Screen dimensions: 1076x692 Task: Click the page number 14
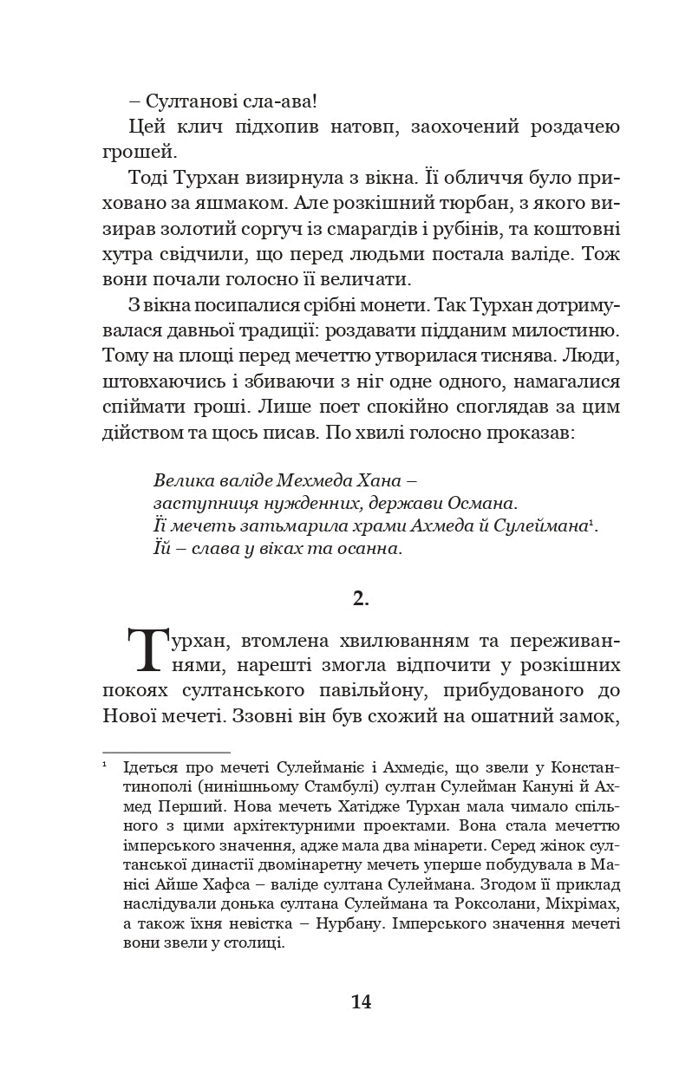(361, 1001)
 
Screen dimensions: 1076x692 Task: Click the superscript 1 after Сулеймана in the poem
(591, 520)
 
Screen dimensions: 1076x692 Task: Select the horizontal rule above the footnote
(166, 753)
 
